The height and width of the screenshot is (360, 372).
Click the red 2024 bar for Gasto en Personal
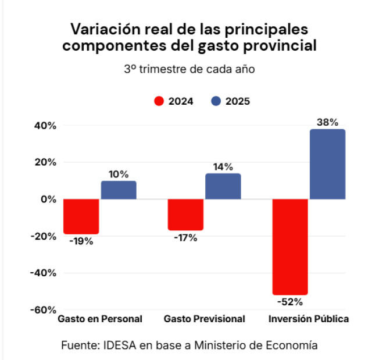(x=81, y=216)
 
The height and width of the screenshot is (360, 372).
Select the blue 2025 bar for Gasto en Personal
(x=119, y=190)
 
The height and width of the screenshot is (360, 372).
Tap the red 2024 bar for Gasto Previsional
(x=185, y=215)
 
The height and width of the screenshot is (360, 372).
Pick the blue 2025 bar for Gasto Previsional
(x=223, y=186)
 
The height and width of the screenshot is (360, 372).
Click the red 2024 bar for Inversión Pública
(x=289, y=247)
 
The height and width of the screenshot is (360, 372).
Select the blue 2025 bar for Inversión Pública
(x=327, y=164)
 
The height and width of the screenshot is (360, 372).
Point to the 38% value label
(x=327, y=122)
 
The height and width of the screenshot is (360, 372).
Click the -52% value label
(x=289, y=302)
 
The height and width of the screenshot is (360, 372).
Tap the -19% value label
(x=81, y=241)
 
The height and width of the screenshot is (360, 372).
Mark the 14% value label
(x=223, y=167)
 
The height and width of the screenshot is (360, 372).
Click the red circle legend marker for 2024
(x=159, y=101)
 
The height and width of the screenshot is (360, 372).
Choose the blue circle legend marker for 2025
(x=216, y=101)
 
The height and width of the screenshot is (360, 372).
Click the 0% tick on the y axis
(x=49, y=199)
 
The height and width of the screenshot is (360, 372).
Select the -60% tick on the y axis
(x=44, y=309)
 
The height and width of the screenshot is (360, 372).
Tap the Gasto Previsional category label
(x=204, y=319)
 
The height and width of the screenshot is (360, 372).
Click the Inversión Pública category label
(x=308, y=319)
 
